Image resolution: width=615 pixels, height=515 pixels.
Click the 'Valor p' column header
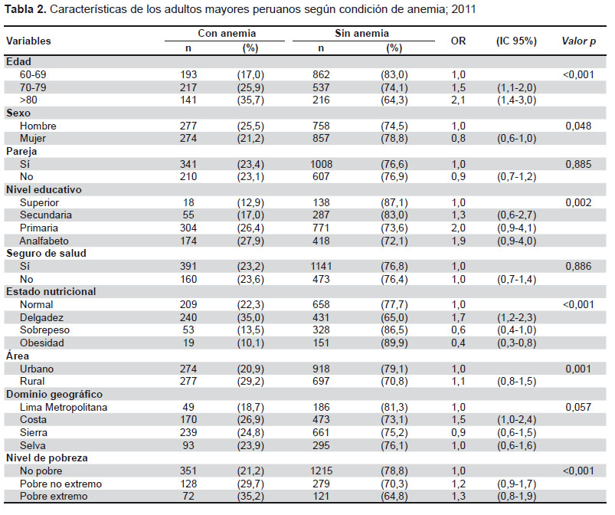pos(578,41)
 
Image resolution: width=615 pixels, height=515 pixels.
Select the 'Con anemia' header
pos(227,34)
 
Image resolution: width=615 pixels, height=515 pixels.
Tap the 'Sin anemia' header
pos(361,34)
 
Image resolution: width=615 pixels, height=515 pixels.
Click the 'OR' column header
pos(458,41)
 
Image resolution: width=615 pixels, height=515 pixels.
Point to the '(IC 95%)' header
pos(516,41)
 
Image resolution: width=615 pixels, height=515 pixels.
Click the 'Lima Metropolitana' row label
pos(64,407)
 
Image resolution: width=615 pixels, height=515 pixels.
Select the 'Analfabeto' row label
pos(44,241)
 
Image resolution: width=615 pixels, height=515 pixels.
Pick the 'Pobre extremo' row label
pos(54,496)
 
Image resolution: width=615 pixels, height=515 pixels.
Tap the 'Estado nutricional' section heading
pos(51,292)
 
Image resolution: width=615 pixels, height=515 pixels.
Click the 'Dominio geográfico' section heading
pos(54,395)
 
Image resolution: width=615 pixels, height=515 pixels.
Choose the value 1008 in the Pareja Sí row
pos(321,164)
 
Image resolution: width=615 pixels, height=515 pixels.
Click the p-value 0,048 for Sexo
pos(578,126)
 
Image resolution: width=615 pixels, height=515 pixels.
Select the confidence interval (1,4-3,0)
pos(516,100)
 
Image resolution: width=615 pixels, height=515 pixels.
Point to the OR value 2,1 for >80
pos(458,100)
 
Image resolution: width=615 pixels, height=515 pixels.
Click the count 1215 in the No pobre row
pos(321,471)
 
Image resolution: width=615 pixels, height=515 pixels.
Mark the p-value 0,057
pos(578,407)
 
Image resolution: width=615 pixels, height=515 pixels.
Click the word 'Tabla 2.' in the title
pos(25,9)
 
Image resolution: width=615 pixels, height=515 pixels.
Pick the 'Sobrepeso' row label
pos(44,330)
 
